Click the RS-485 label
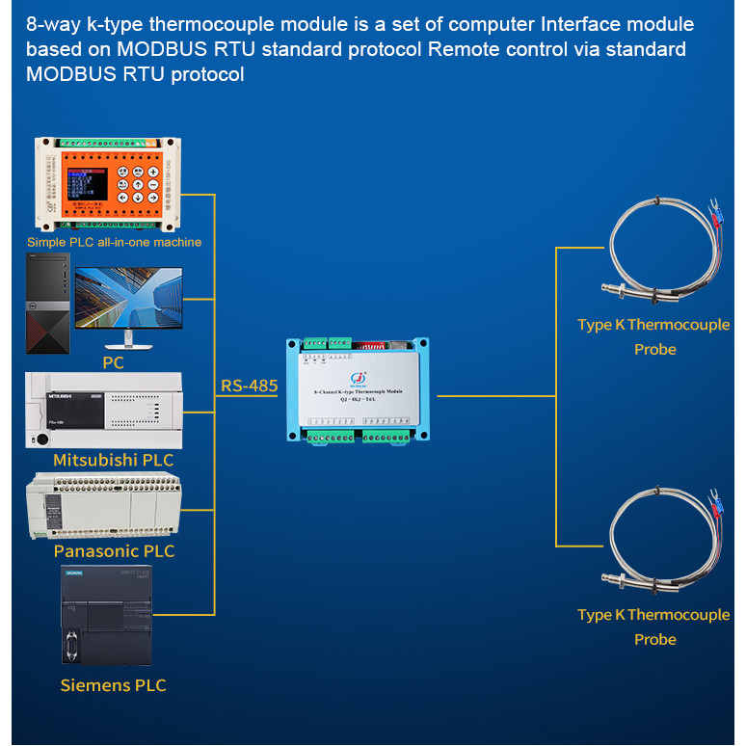[249, 386]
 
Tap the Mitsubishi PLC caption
[113, 460]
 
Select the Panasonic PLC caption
[114, 551]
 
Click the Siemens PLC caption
[113, 685]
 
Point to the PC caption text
[113, 362]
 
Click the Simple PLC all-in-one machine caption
[114, 242]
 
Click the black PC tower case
[49, 302]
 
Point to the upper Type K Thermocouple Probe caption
[653, 336]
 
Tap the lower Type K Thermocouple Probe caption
[653, 626]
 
